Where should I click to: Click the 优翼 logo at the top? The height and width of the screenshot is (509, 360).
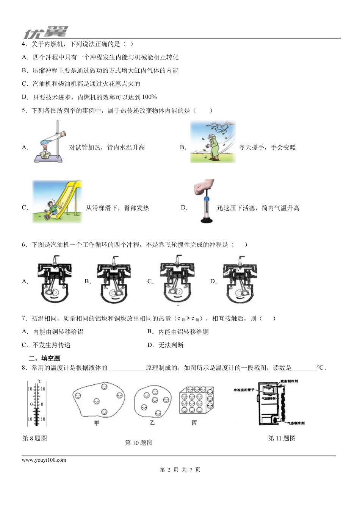[x=45, y=33]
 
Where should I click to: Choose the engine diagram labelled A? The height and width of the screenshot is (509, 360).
[x=55, y=280]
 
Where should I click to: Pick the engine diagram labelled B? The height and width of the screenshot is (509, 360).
[x=115, y=280]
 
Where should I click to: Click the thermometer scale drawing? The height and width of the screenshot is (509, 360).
[x=37, y=404]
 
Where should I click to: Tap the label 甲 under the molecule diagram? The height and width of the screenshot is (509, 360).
[x=96, y=423]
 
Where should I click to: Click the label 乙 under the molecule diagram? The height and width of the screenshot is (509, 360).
[x=152, y=422]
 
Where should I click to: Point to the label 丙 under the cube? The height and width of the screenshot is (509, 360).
[x=194, y=422]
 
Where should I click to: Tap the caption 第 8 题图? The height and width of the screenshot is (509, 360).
[x=35, y=439]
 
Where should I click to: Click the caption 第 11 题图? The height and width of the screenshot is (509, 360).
[x=282, y=439]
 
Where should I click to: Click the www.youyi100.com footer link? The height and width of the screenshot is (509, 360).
[x=44, y=460]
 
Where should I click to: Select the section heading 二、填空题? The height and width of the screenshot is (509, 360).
[x=44, y=358]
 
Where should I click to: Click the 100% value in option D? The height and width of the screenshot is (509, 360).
[x=149, y=97]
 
